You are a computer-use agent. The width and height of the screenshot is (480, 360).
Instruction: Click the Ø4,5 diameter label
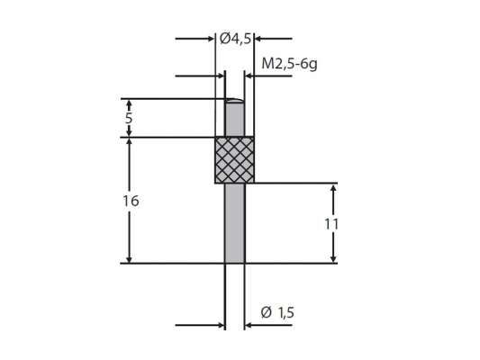pos(235,39)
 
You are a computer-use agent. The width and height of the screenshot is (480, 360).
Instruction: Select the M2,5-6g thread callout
pos(290,64)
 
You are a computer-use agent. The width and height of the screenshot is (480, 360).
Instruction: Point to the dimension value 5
pos(130,117)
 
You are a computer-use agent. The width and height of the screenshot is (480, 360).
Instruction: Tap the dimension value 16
pos(131,201)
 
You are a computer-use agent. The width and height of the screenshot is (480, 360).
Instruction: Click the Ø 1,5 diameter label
pos(277,312)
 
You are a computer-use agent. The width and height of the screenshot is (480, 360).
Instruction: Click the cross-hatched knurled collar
pos(234,160)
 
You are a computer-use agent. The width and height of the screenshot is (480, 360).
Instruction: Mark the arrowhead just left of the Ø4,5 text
pos(209,39)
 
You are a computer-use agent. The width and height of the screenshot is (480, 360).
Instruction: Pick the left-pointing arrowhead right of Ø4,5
pos(260,39)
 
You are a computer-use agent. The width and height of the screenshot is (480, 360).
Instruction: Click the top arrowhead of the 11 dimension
pos(334,189)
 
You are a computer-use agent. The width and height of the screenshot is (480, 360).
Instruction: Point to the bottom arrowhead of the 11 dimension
pos(334,257)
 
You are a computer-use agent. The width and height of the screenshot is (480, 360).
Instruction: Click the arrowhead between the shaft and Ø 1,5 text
pos(249,325)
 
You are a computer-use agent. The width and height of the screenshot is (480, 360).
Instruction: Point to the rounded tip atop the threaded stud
pos(234,101)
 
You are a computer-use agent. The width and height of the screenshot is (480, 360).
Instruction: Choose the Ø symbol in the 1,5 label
pos(266,312)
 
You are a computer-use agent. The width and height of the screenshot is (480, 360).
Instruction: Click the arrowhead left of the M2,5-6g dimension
pos(219,76)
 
